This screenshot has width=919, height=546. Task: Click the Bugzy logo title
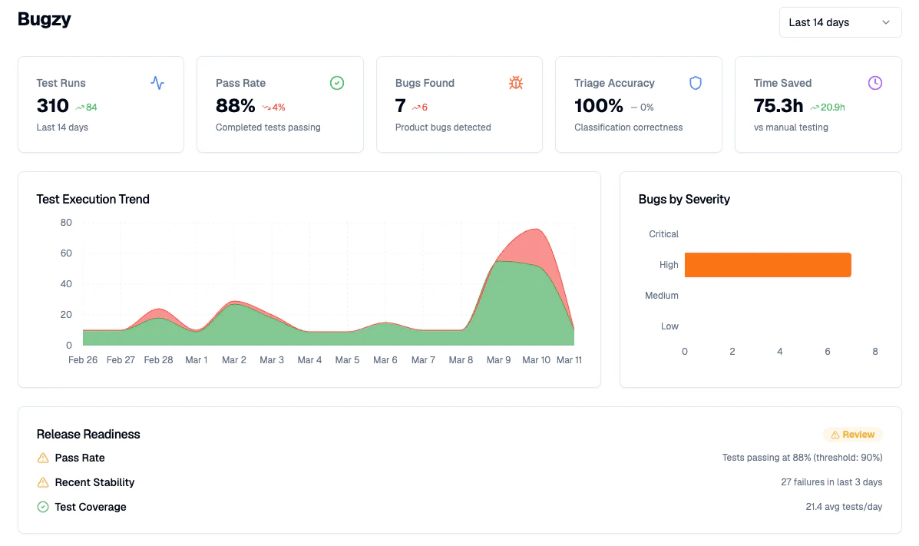coord(45,20)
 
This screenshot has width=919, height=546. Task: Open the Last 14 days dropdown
coord(840,22)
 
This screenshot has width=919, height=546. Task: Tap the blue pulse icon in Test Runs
coord(157,83)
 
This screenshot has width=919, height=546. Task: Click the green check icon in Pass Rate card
coord(336,83)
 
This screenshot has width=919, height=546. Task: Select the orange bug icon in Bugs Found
coord(516,83)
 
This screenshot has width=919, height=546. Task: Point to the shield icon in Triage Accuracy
coord(696,83)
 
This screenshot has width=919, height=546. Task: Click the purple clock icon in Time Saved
coord(875,83)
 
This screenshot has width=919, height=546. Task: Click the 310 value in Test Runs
coord(53,106)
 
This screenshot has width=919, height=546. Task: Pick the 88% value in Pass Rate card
coord(235,106)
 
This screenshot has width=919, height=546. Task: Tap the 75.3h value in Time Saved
coord(779,106)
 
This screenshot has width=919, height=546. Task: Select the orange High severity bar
coord(768,265)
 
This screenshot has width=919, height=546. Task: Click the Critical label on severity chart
coord(663,234)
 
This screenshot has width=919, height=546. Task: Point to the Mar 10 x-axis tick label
coord(536,360)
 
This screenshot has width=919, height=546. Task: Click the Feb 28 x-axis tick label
coord(158,360)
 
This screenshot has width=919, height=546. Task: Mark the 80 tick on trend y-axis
coord(66,223)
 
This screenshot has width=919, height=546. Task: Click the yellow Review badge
coord(853,435)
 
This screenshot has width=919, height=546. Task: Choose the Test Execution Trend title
coord(93,200)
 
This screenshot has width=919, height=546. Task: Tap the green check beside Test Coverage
coord(43,507)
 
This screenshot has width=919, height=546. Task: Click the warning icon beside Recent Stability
coord(43,482)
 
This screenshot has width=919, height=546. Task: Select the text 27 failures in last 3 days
coord(831,482)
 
